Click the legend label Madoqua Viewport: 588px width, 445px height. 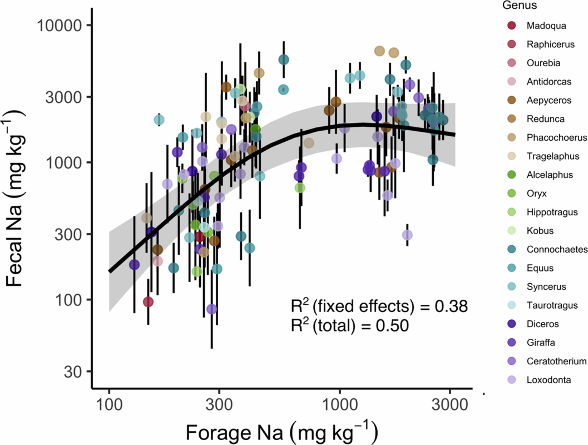pos(546,26)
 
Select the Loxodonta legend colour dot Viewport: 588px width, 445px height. pos(511,380)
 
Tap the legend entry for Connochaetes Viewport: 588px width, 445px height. pos(557,249)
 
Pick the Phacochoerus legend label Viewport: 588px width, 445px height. pos(557,138)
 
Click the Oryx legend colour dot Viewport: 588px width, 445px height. pos(511,193)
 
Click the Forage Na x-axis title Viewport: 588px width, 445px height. pos(282,432)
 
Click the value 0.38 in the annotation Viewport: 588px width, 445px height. pos(451,306)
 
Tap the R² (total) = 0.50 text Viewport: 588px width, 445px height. pos(350,326)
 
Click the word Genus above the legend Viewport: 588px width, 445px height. pos(519,5)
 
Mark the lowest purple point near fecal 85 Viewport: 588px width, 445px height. pos(212,309)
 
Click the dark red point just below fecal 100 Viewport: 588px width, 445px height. pos(148,302)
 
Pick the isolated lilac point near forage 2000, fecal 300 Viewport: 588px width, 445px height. pos(407,235)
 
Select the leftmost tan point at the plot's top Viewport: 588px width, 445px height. pos(379,51)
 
